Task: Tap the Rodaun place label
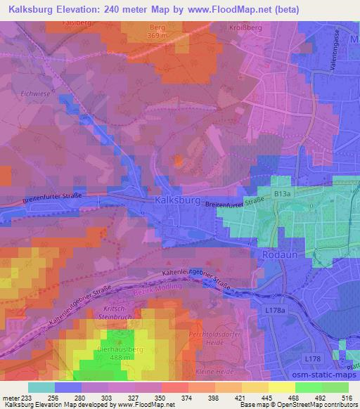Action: [275, 255]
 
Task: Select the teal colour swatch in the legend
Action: [41, 387]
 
